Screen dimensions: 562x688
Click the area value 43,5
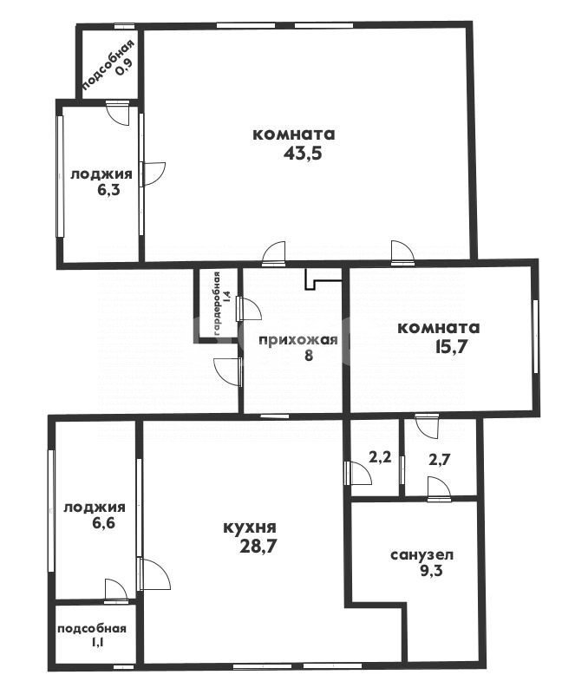tap(304, 154)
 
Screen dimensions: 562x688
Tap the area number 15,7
tap(451, 347)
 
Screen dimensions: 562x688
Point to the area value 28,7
tap(258, 547)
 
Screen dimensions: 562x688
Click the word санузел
tap(422, 555)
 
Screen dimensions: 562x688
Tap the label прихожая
tap(298, 340)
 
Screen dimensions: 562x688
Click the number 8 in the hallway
tap(309, 355)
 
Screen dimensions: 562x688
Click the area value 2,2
tap(380, 457)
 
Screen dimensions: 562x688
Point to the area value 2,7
tap(440, 460)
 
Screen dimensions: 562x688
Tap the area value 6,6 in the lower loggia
tap(102, 522)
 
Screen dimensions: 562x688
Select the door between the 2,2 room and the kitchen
tap(358, 473)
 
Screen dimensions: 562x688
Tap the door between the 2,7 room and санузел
tap(439, 489)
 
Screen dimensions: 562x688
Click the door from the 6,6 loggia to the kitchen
tap(154, 575)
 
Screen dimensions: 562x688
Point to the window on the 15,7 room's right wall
tap(536, 337)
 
